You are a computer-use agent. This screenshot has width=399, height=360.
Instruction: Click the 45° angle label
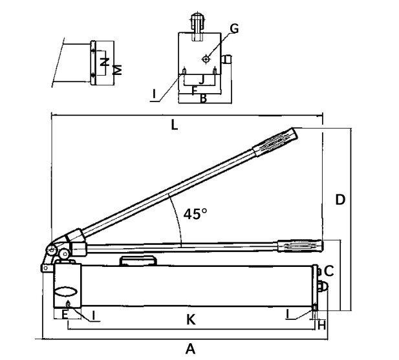click(x=195, y=214)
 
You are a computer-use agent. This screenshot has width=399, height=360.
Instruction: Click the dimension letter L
click(x=175, y=125)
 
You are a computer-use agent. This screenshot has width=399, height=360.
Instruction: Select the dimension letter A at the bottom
click(x=190, y=349)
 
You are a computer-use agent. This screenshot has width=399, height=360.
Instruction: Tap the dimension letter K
click(x=191, y=319)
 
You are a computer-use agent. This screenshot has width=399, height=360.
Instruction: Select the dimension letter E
click(x=64, y=315)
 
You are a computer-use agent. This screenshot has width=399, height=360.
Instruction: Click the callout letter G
click(x=234, y=28)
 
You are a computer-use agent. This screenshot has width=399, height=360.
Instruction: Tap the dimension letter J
click(x=202, y=79)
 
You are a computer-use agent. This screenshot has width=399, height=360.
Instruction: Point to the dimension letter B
click(x=202, y=99)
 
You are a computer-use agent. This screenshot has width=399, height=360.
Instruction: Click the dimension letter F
click(x=193, y=90)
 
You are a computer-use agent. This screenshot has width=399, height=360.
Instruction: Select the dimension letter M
click(x=117, y=69)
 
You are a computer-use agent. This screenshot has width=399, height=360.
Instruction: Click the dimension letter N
click(x=103, y=63)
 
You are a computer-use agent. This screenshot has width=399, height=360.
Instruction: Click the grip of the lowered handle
click(x=299, y=246)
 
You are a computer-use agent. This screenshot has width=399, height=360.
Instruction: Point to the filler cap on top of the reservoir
click(x=138, y=260)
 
